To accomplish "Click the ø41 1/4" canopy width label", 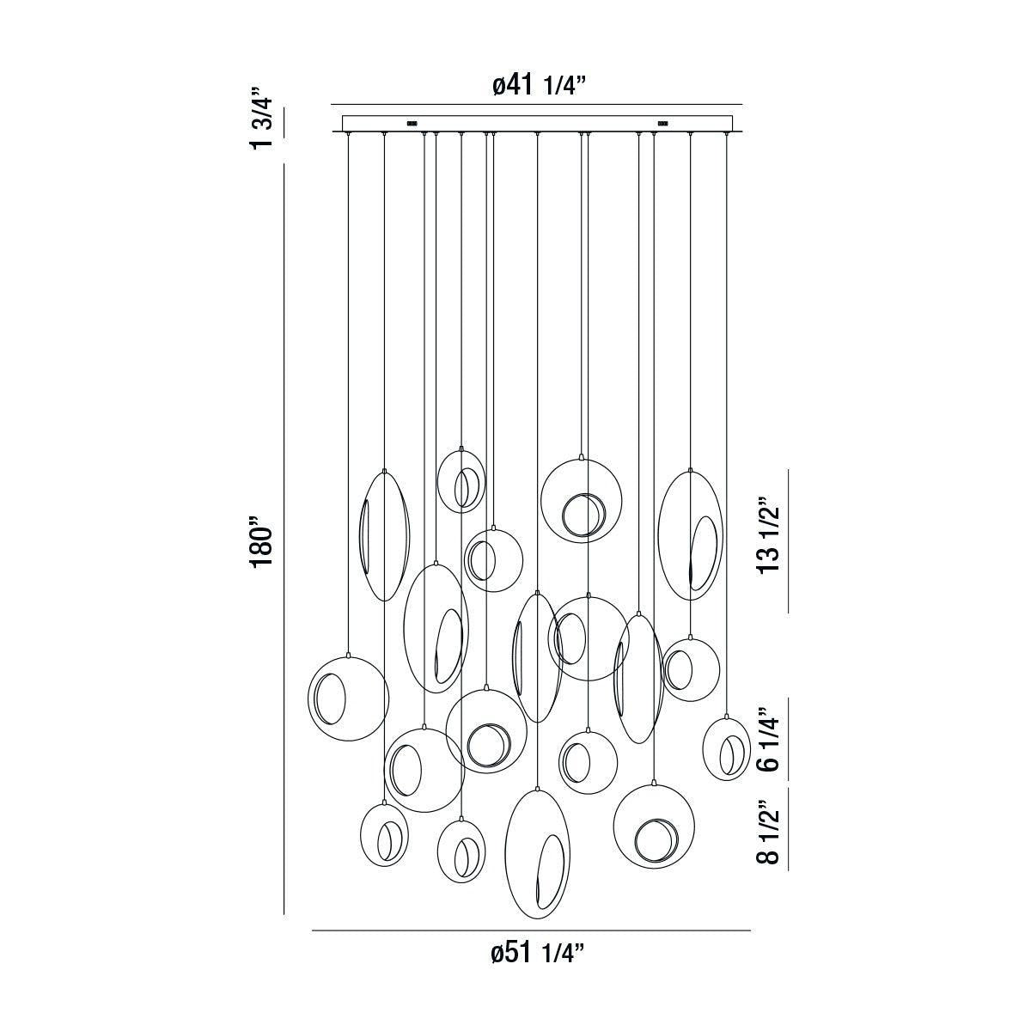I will coord(539,85).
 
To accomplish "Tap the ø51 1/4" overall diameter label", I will coord(538,953).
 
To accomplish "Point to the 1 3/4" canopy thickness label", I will coord(261,117).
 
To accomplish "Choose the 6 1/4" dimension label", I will coord(769,739).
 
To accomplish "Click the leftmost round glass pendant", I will coord(348,698).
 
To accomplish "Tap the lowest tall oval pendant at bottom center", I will coord(536,852).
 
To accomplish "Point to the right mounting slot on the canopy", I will coord(663,122).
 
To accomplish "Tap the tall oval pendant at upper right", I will coord(690,535).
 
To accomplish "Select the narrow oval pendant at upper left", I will coord(384,534).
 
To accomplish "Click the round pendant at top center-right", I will coord(582,502).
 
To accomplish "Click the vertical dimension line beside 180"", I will coord(284,541).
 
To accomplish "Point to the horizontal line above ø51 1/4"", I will coord(531,930).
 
